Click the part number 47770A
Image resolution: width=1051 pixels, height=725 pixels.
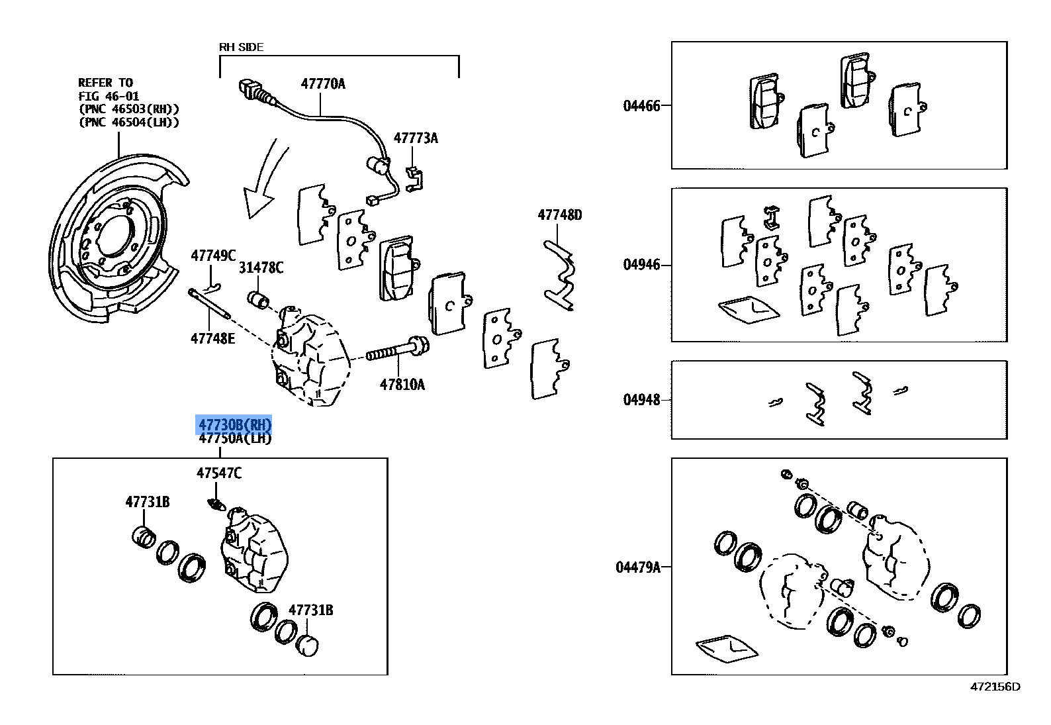pos(323,83)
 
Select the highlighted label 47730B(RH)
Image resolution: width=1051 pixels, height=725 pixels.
pos(234,424)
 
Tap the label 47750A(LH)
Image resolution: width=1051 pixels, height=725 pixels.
pos(234,438)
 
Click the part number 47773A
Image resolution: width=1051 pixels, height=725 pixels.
pos(416,138)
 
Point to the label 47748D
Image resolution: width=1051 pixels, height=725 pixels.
pos(559,215)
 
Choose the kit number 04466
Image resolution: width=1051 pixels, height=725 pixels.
pos(641,106)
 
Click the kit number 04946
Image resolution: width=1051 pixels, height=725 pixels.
pos(641,265)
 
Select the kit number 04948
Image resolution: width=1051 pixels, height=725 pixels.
pos(641,400)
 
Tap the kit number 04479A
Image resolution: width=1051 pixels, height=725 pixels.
pos(638,567)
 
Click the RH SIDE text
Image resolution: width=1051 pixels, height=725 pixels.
pos(241,47)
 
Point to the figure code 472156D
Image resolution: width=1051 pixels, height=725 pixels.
pos(995,687)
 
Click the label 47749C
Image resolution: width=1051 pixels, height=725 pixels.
pos(213,256)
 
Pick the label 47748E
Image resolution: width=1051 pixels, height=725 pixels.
pos(212,338)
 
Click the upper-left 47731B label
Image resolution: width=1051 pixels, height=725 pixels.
pos(147,502)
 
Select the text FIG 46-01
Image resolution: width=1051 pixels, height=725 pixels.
pos(109,96)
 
